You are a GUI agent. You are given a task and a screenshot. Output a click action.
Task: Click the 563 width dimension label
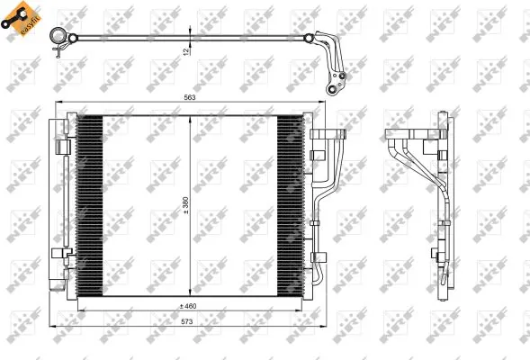click(189, 97)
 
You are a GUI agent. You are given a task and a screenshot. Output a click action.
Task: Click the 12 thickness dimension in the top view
click(185, 52)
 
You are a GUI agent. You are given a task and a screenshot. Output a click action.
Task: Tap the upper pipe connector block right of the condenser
click(328, 136)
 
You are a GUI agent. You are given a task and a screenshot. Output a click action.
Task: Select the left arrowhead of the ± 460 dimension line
click(81, 311)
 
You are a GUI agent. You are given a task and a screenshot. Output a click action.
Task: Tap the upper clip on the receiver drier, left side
click(61, 147)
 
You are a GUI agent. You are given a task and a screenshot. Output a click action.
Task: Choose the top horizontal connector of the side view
click(409, 138)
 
